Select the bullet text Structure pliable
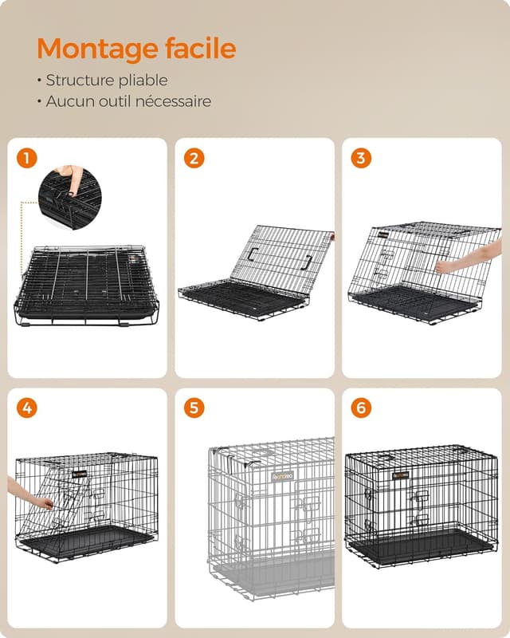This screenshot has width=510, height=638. coord(106,81)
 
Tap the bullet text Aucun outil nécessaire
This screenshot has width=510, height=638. coord(127,101)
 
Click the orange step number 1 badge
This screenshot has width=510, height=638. coord(26,158)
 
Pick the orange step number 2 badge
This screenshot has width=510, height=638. coord(194,158)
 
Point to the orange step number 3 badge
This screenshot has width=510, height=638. coord(361,158)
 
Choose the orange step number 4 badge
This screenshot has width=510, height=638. coord(26,408)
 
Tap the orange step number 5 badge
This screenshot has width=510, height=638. coord(194,408)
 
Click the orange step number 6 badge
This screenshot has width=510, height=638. coord(361,408)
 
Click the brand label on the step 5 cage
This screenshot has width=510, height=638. coord(283,476)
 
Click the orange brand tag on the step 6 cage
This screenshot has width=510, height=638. coord(400,475)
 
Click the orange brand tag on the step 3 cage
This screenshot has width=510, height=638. coord(386,234)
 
